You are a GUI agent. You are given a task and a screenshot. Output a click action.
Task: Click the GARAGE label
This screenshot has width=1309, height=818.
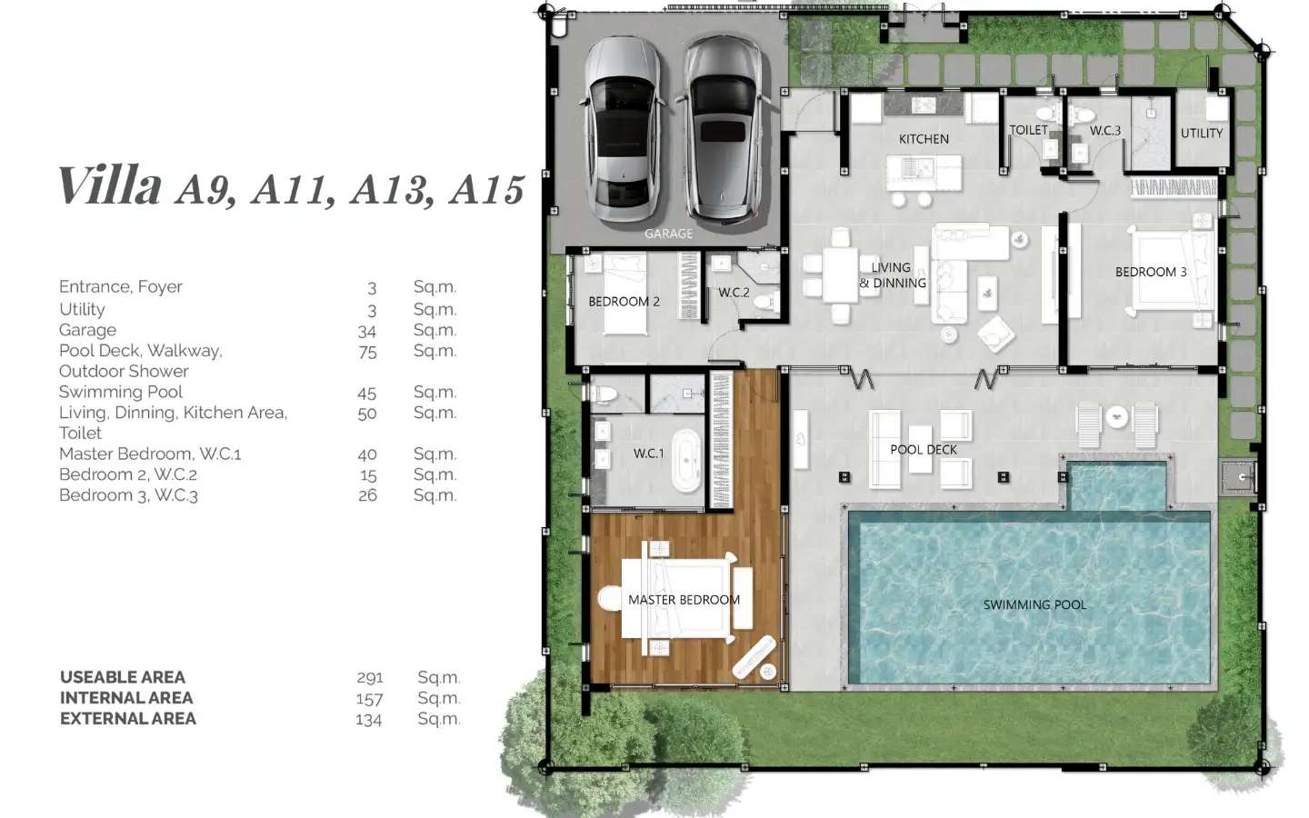tap(668, 234)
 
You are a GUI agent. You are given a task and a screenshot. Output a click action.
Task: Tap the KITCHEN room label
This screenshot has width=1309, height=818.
tap(924, 139)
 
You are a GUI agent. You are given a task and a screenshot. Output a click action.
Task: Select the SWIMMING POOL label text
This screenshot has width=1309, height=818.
tap(1034, 604)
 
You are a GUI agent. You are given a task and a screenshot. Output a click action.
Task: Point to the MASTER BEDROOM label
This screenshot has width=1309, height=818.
tap(684, 600)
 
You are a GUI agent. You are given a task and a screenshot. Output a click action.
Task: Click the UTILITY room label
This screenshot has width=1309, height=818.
tap(1202, 134)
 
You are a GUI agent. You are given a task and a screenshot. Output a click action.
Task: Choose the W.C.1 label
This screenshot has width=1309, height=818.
tap(649, 454)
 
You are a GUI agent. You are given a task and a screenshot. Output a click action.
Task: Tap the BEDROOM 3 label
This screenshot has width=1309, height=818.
tap(1151, 272)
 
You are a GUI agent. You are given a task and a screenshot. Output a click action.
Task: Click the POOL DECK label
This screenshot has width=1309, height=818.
tap(924, 449)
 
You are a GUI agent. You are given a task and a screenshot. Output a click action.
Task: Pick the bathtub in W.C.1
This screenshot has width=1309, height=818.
tap(686, 461)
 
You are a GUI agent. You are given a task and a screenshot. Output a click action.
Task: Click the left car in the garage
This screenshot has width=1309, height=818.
tap(623, 128)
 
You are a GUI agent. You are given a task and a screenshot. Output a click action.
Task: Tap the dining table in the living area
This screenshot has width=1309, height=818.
tap(840, 275)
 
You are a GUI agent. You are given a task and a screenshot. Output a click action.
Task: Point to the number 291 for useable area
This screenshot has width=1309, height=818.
tap(370, 678)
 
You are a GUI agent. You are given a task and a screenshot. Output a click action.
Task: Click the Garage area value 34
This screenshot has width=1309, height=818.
tap(367, 332)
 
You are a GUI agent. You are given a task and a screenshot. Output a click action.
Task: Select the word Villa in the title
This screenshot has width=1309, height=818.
tap(111, 185)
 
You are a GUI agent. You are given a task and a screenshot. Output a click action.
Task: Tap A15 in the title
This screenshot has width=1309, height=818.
tap(487, 191)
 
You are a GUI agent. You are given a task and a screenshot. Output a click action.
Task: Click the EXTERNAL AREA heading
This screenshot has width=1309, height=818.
tap(128, 719)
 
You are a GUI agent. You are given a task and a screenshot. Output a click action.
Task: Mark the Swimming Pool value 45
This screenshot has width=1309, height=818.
tap(367, 394)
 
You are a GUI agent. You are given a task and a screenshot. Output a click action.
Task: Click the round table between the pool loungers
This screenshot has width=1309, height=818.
tap(1116, 418)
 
